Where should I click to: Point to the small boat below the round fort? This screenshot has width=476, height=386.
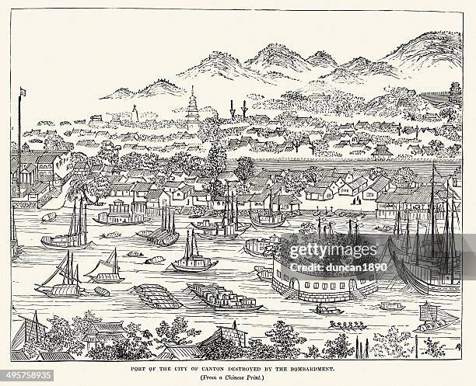[330, 311]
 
